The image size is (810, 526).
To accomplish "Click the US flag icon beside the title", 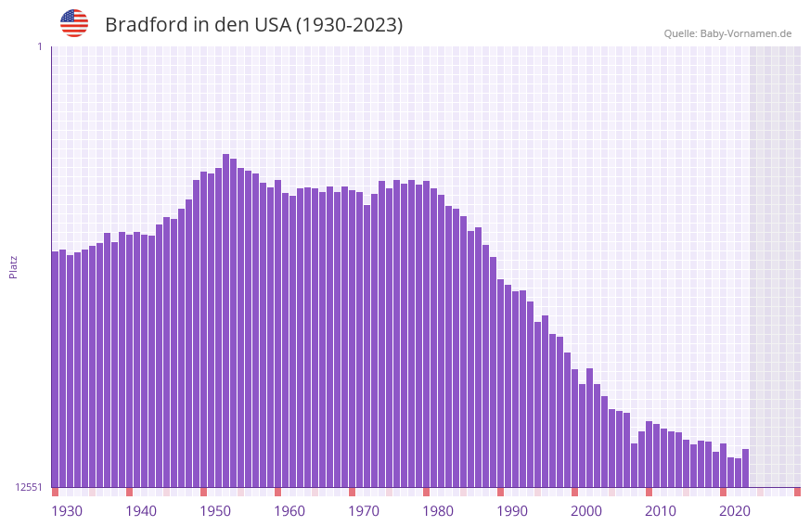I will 74,23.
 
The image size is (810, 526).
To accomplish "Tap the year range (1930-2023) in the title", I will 349,25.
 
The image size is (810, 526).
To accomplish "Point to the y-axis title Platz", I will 13,266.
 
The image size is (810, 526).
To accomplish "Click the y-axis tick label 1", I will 39,46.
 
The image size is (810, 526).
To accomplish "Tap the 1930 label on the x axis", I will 67,511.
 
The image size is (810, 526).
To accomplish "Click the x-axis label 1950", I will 215,511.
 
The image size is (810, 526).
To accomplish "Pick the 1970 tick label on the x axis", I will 364,511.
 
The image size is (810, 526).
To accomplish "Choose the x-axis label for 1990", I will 512,511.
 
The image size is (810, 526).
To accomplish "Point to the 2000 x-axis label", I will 586,511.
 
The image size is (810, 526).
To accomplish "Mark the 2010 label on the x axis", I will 661,511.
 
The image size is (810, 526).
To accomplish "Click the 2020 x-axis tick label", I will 735,511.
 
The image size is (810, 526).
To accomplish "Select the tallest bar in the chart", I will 226,320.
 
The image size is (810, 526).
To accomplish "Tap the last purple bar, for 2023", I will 745,468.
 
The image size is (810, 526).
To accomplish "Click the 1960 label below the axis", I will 289,511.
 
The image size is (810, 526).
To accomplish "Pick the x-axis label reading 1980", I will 438,511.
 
